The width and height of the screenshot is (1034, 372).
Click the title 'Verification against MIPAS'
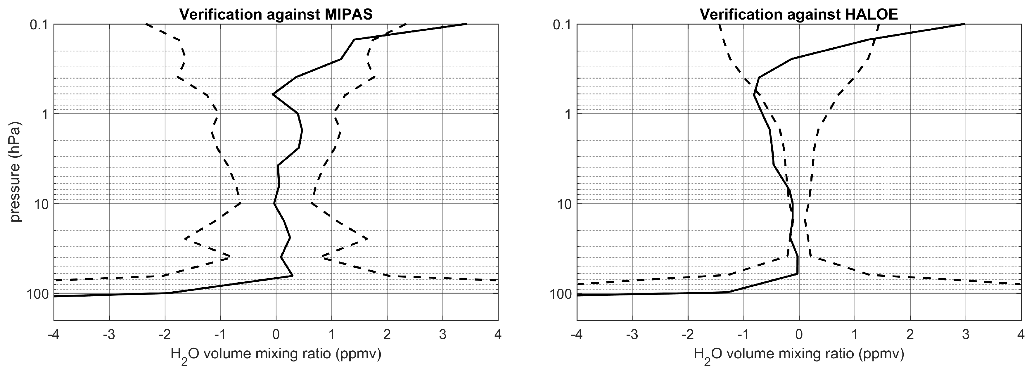tap(276, 14)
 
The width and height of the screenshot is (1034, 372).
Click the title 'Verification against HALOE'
tap(799, 14)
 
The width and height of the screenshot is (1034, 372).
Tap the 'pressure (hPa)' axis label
tap(15, 172)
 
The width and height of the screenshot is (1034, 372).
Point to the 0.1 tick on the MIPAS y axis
tap(39, 25)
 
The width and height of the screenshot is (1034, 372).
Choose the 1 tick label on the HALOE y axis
tap(566, 114)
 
